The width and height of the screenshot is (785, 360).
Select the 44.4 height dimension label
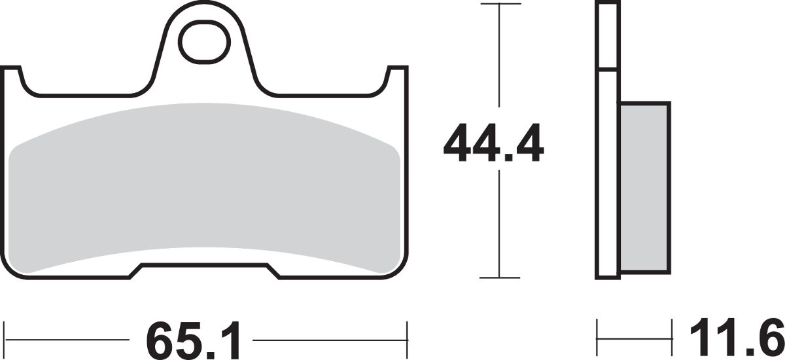493,143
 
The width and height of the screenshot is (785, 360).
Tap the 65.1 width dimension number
193,340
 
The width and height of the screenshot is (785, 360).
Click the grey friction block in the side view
645,188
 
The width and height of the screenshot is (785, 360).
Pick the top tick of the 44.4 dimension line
501,4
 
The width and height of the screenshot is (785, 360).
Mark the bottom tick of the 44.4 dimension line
500,278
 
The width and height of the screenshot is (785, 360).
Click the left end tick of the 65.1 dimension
4,339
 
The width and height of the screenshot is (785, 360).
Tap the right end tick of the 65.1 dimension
407,339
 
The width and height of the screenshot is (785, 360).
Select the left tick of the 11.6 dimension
597,338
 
